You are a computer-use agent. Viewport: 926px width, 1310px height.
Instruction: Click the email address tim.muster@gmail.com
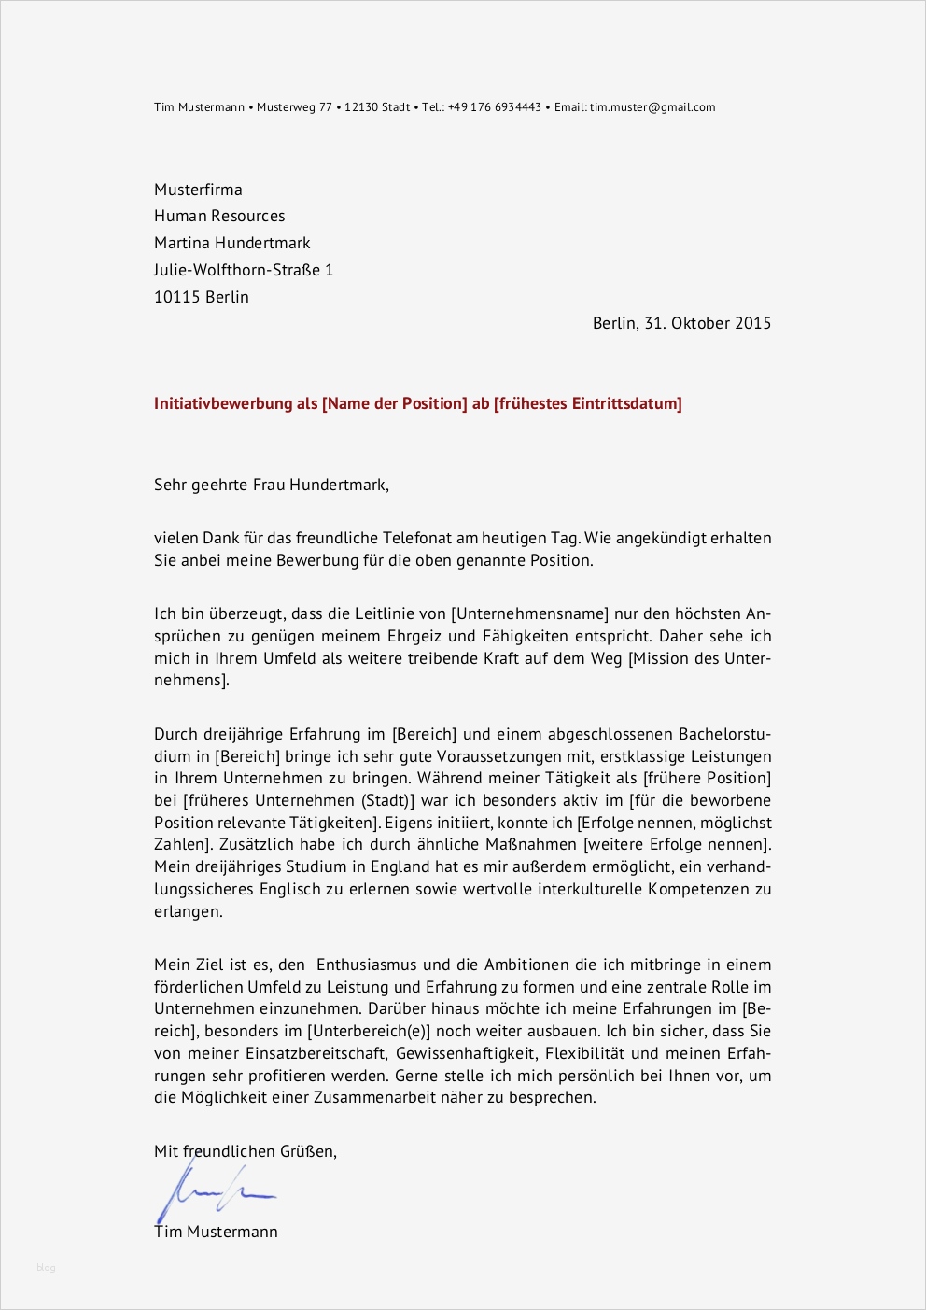click(652, 107)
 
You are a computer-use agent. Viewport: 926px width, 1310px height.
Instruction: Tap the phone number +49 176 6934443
click(495, 107)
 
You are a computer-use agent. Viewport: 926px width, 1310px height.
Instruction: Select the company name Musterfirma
click(198, 190)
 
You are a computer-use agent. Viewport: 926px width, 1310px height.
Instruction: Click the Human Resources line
click(219, 216)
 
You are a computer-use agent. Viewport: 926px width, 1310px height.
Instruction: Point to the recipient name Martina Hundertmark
click(231, 243)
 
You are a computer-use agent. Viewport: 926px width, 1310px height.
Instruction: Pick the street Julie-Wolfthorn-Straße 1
click(243, 270)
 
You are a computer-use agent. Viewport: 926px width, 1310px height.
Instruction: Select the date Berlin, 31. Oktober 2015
click(681, 323)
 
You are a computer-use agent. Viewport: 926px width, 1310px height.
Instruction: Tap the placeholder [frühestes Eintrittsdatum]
click(588, 403)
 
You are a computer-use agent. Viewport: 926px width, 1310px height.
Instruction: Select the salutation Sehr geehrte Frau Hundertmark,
click(271, 485)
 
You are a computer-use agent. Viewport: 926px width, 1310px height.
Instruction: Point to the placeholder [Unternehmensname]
click(529, 613)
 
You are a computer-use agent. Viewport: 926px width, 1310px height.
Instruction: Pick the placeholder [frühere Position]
click(708, 778)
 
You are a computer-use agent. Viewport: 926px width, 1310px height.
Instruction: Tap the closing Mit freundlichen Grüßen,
click(245, 1151)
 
